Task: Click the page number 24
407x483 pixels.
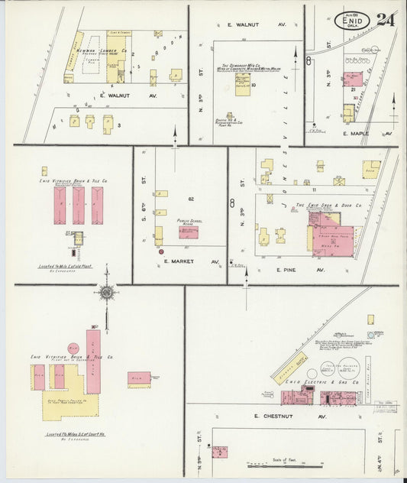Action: click(386, 19)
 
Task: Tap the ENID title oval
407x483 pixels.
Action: click(352, 21)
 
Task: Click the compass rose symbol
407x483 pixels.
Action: click(106, 292)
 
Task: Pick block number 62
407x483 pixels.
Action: click(192, 199)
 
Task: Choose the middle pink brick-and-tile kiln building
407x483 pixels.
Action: click(78, 205)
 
